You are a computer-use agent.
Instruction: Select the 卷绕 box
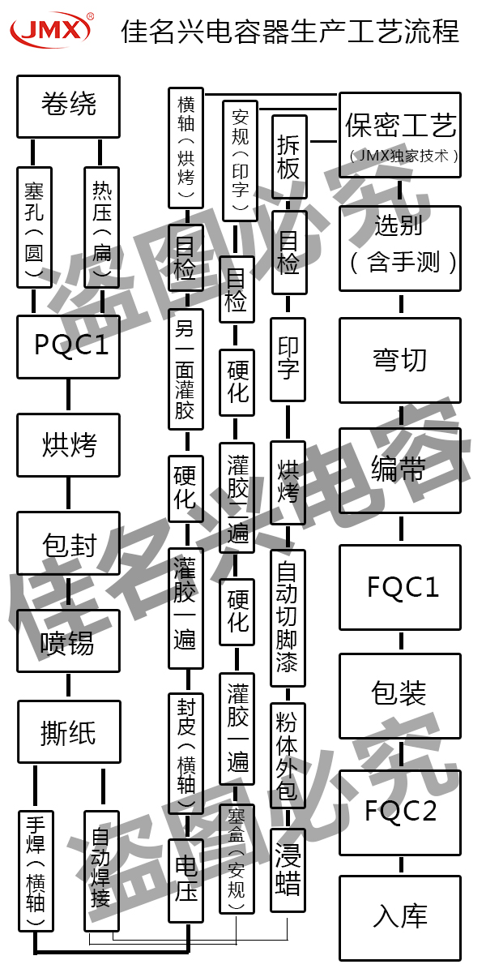[68, 105]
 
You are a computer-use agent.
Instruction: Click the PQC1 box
[68, 346]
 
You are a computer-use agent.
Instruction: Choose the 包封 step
[68, 542]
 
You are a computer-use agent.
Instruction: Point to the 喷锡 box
[68, 641]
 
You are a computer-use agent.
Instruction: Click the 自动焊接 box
[101, 870]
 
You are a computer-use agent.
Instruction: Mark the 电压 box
[185, 880]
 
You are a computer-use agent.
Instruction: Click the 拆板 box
[288, 156]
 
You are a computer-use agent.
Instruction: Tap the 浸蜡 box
[288, 871]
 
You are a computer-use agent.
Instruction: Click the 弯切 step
[400, 359]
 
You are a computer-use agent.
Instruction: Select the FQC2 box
[400, 812]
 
